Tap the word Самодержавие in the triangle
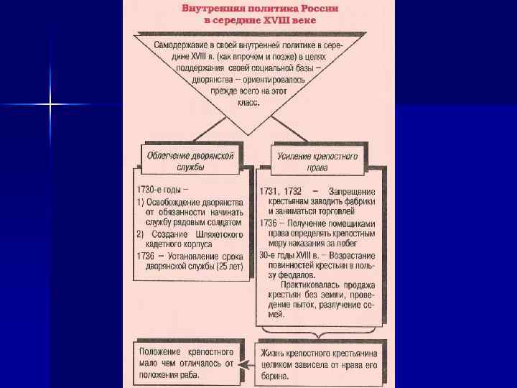182,47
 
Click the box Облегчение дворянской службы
190,160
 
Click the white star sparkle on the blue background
50,105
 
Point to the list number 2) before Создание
141,234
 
